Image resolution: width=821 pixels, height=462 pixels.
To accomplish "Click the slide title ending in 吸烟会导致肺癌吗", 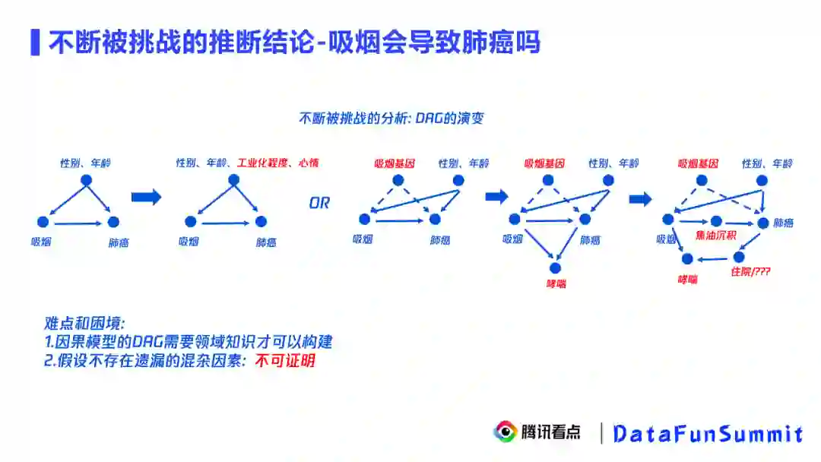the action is (x=293, y=43).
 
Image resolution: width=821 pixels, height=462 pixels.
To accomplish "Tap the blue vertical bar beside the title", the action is (x=35, y=43).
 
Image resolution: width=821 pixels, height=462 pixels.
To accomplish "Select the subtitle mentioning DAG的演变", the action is (x=391, y=119).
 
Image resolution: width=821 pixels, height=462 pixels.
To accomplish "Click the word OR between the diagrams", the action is (x=319, y=204).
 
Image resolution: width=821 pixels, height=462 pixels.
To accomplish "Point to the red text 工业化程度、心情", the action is (x=277, y=163).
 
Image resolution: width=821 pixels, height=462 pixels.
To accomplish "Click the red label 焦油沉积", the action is (x=716, y=235).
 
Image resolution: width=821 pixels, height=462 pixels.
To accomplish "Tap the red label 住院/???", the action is (x=750, y=271).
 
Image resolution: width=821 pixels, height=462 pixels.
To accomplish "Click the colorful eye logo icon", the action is (x=505, y=432).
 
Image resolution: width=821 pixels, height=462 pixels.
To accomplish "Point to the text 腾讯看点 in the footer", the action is (x=550, y=432).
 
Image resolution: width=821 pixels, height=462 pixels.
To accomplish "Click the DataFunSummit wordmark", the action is (x=707, y=434).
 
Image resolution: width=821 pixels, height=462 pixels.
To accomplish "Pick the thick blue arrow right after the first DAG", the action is (x=146, y=198).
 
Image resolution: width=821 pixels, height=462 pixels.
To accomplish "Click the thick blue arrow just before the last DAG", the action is (x=641, y=199).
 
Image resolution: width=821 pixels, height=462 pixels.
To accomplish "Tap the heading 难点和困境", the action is (x=79, y=324).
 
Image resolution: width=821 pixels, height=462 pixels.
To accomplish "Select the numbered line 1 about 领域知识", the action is (x=188, y=343).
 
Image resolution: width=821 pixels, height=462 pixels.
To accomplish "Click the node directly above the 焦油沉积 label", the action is (x=716, y=221).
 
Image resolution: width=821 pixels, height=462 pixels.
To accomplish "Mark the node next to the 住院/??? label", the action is (x=738, y=257).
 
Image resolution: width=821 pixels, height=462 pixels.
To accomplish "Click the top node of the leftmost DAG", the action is (x=86, y=180).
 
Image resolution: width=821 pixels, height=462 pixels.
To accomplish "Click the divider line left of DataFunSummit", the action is (x=601, y=433).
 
